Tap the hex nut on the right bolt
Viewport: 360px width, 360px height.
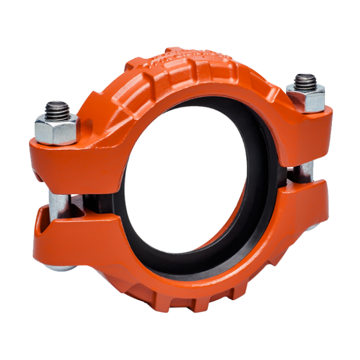click(306, 95)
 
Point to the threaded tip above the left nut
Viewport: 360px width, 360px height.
click(57, 109)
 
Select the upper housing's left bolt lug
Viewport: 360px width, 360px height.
click(73, 156)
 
